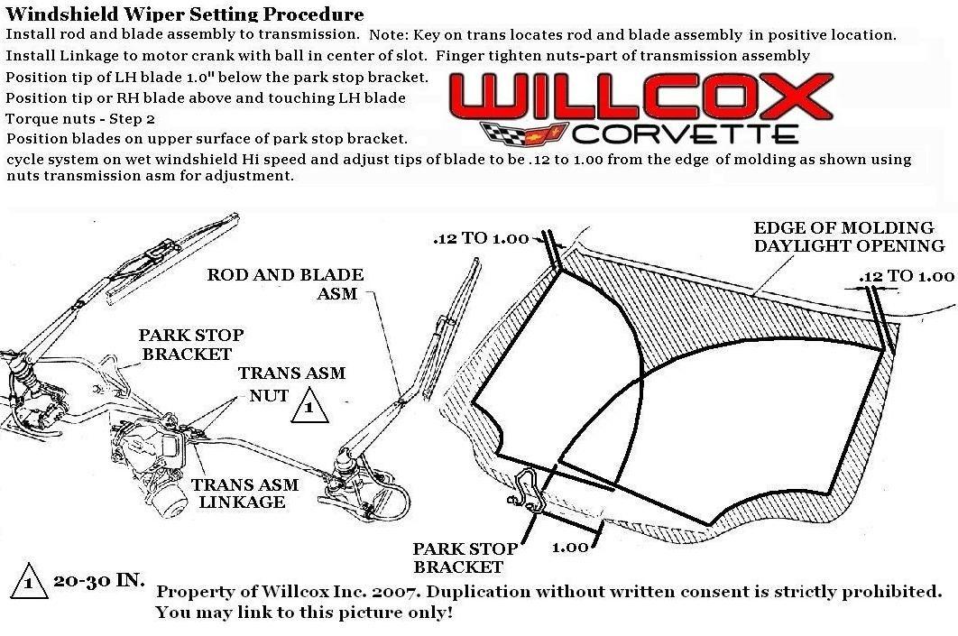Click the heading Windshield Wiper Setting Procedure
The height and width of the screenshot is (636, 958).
[x=185, y=14]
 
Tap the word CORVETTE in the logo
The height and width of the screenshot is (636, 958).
[x=685, y=134]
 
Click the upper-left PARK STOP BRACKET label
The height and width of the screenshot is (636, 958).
[x=190, y=345]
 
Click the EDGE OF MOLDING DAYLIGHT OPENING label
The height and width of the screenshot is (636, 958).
[x=848, y=236]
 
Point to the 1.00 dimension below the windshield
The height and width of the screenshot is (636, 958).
[x=569, y=547]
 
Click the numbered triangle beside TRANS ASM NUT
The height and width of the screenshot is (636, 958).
[x=309, y=407]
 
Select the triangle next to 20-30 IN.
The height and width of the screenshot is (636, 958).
[x=29, y=584]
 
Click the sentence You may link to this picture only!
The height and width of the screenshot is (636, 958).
[x=304, y=613]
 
